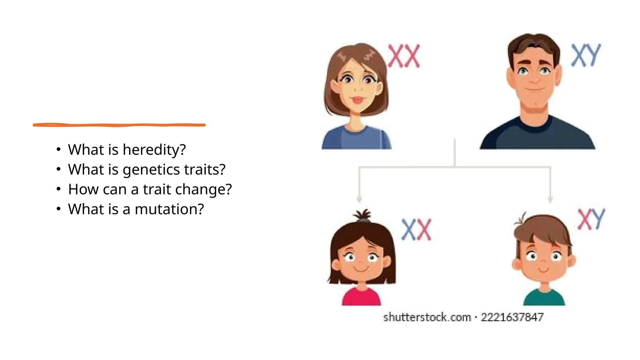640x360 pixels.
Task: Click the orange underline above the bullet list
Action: click(119, 125)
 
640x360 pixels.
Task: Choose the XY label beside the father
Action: click(586, 55)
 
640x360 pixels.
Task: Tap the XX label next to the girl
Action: click(416, 230)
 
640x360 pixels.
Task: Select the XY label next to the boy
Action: click(591, 219)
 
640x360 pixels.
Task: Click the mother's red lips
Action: click(357, 100)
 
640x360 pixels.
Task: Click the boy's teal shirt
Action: click(544, 298)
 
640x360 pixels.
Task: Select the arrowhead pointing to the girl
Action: click(359, 199)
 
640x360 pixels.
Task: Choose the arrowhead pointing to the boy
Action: click(550, 199)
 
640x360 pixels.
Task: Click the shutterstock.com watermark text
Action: click(427, 317)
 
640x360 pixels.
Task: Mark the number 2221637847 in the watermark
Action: click(512, 317)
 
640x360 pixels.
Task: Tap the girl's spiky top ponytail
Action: click(363, 215)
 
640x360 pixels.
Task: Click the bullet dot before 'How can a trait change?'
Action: click(58, 189)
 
